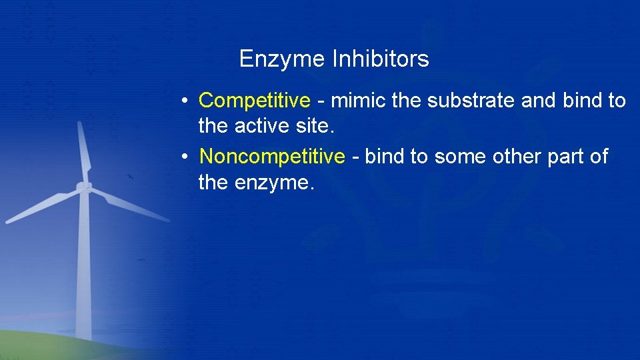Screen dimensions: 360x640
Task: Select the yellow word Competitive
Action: point(255,101)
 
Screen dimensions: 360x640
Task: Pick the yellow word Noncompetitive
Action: point(272,157)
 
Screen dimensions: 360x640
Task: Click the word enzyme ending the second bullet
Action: point(273,182)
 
